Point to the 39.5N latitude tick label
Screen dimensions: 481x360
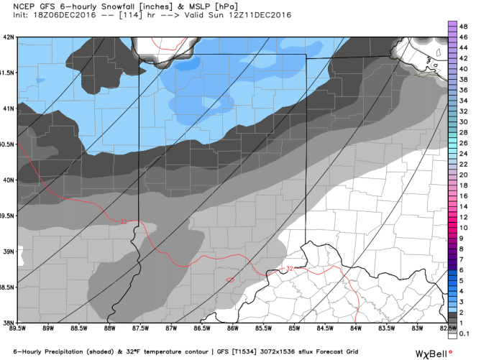(x=7, y=215)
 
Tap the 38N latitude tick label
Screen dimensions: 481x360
(x=9, y=321)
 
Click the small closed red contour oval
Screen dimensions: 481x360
(x=230, y=280)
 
